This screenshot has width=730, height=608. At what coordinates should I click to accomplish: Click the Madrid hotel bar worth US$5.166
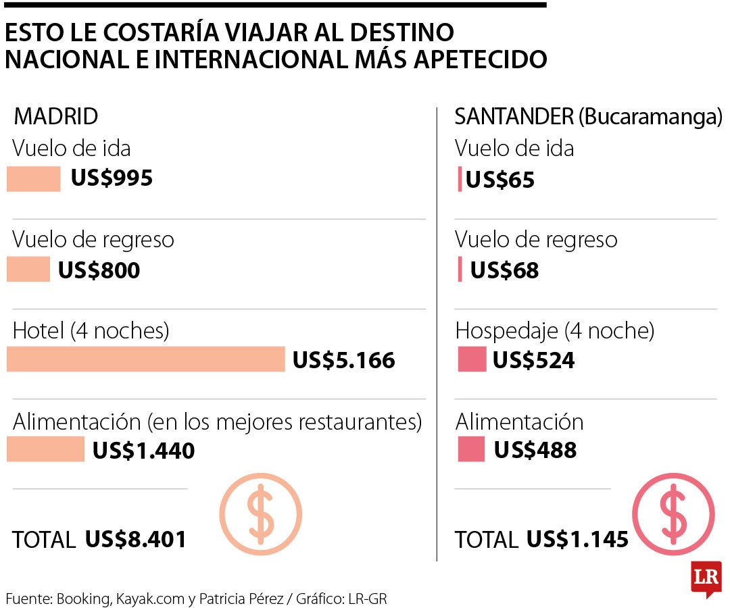[x=145, y=359]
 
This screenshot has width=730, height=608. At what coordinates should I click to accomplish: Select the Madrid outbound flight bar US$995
[x=33, y=179]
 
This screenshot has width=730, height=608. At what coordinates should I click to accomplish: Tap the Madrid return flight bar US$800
[x=28, y=270]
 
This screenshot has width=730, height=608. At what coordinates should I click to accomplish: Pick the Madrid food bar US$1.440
[x=45, y=449]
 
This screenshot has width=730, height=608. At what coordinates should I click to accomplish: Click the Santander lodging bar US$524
[x=471, y=359]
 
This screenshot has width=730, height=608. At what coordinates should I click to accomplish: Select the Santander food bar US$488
[x=471, y=449]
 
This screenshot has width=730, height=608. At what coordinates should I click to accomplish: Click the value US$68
[x=504, y=270]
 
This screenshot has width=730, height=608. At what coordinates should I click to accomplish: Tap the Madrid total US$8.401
[x=136, y=539]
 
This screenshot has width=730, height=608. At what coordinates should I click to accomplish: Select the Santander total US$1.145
[x=577, y=539]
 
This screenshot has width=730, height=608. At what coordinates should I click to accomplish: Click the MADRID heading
[x=56, y=116]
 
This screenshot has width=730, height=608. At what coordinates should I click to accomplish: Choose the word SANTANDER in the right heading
[x=514, y=116]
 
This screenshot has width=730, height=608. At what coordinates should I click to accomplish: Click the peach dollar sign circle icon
[x=261, y=513]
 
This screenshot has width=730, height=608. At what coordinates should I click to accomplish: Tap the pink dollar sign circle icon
[x=673, y=513]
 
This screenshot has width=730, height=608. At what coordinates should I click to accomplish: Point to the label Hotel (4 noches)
[x=91, y=330]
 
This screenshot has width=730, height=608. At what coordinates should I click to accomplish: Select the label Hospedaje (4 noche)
[x=555, y=330]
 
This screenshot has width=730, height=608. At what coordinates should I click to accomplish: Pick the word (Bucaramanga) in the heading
[x=650, y=116]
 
